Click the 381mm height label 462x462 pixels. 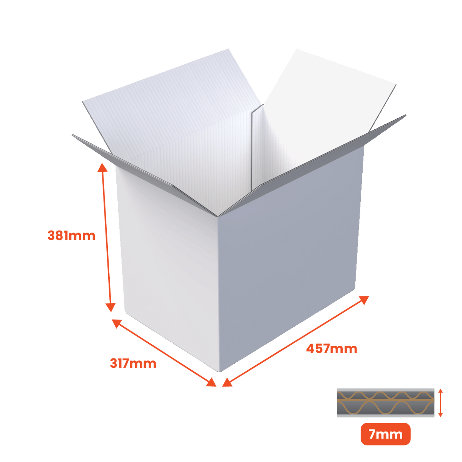[x=71, y=236]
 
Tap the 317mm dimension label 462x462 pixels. [x=133, y=363]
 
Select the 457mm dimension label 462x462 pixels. [x=331, y=349]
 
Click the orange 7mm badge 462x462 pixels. [x=385, y=434]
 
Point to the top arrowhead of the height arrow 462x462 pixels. [x=103, y=167]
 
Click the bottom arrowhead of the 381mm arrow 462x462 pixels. [x=110, y=307]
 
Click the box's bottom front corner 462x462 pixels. [x=219, y=372]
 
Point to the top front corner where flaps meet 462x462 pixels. [x=218, y=216]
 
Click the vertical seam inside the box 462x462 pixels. [x=252, y=149]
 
